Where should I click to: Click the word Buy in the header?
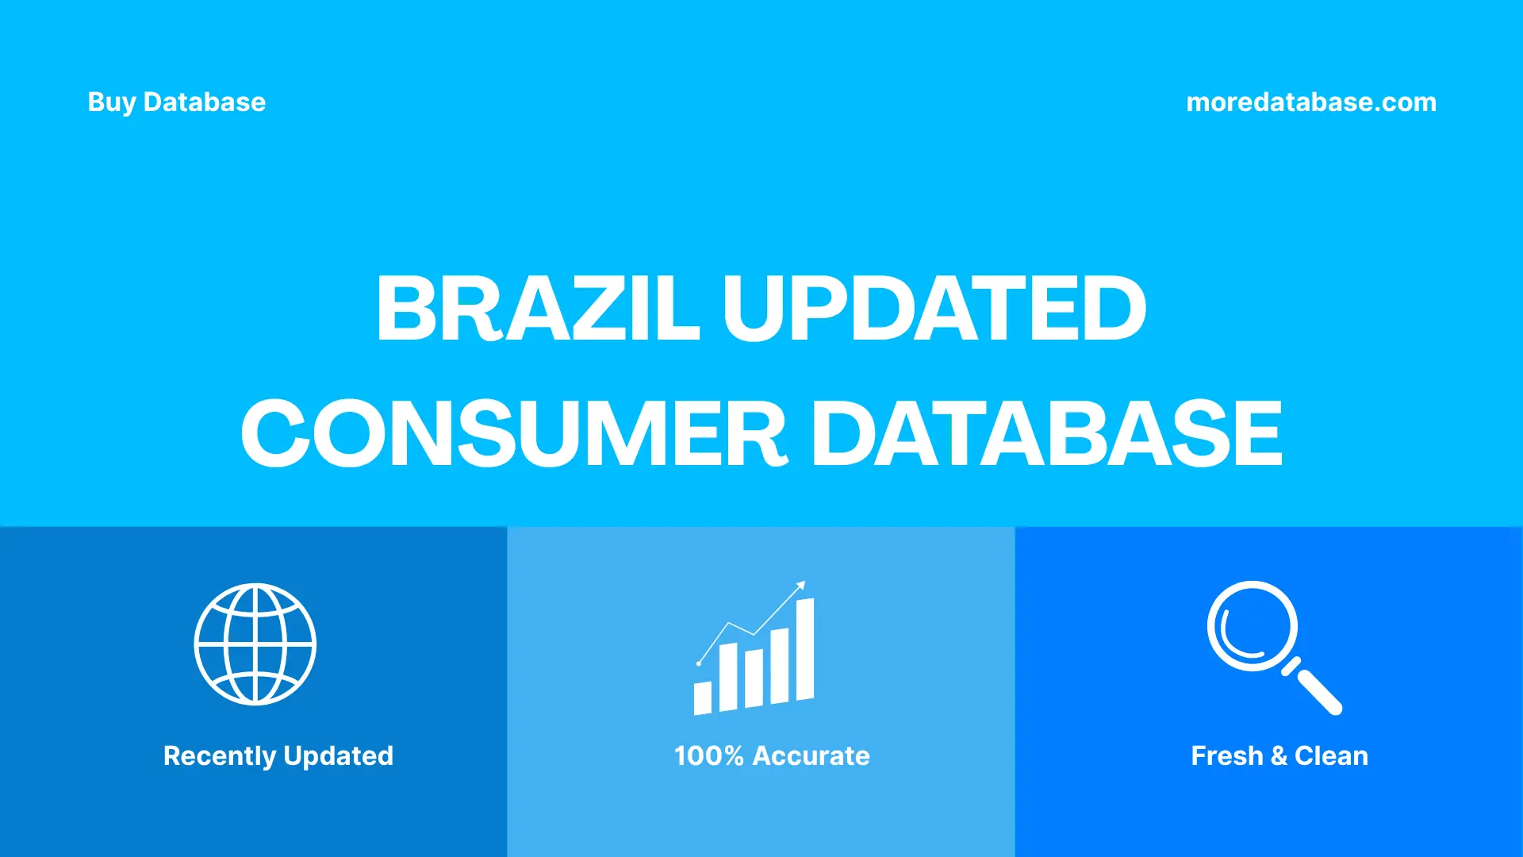[x=111, y=102]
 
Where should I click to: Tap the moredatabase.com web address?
[x=1310, y=102]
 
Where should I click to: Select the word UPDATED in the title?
[x=934, y=308]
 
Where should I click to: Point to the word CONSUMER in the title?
[x=514, y=433]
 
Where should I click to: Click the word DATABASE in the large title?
[x=1046, y=433]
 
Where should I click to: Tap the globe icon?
[x=255, y=644]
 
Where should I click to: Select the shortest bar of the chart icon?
[x=702, y=698]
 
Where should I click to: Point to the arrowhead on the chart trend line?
[x=801, y=586]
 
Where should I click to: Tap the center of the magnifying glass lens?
[x=1252, y=626]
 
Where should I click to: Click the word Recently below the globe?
[x=220, y=756]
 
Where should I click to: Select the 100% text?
[x=708, y=756]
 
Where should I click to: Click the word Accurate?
[x=811, y=756]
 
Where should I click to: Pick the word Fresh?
[x=1226, y=756]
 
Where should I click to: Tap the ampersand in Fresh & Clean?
[x=1279, y=756]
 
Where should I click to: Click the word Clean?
[x=1331, y=756]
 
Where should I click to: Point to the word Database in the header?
[x=205, y=102]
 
